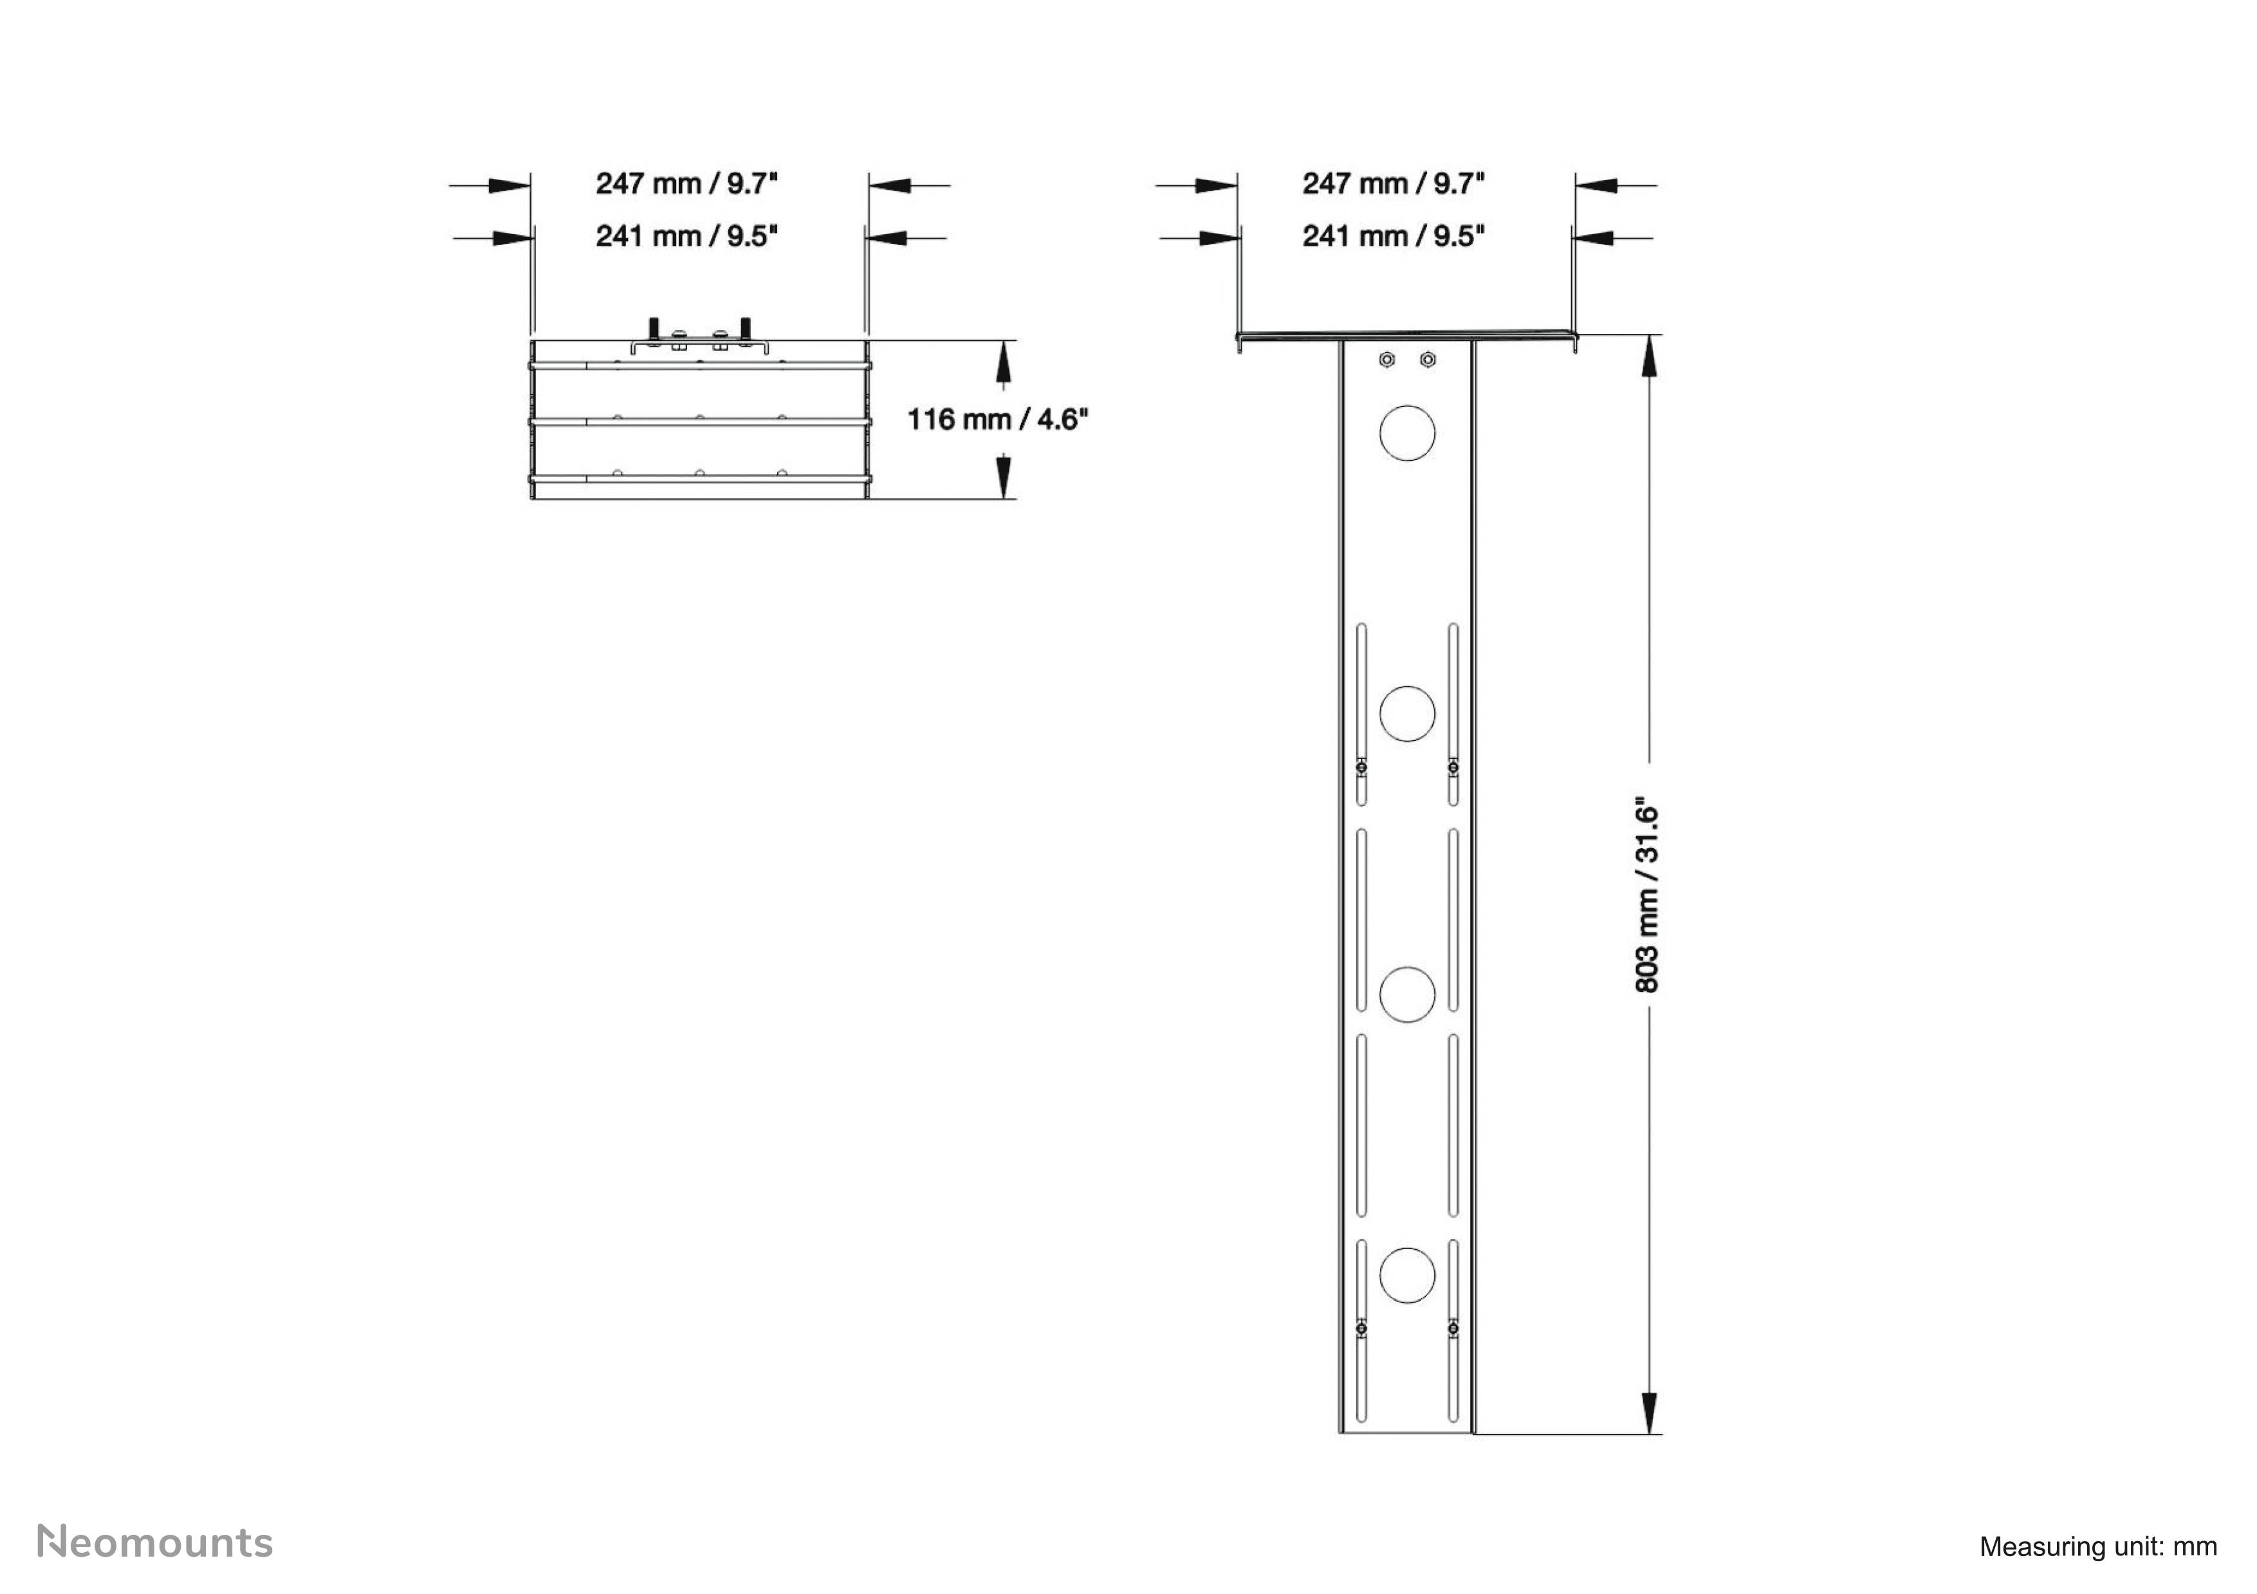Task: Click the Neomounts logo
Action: (154, 1542)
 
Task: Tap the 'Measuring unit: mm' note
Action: (2097, 1546)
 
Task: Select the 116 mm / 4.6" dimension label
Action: (997, 419)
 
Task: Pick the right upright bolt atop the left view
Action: (745, 327)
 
